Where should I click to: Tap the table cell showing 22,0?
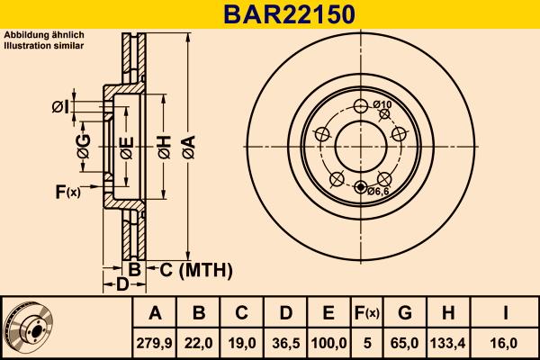[x=199, y=343]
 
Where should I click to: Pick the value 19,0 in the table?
[x=241, y=343]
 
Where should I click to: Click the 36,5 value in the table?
[x=285, y=343]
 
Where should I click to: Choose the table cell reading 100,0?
[x=328, y=343]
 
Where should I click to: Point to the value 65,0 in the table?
[x=405, y=343]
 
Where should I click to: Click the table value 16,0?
[x=507, y=343]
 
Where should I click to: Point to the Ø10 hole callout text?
[x=382, y=105]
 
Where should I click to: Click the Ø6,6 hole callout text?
[x=377, y=190]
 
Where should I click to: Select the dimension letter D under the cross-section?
[x=122, y=285]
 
